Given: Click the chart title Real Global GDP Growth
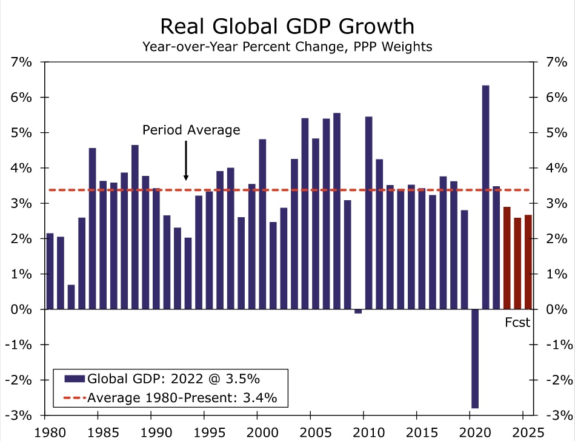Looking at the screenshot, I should tap(287, 27).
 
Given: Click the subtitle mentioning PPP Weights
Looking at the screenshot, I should tap(287, 47).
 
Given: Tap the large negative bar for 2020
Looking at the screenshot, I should tap(475, 359).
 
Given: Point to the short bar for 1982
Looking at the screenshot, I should tap(71, 297).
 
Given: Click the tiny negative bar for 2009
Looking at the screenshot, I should tap(358, 311).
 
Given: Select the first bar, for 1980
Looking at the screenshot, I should tap(50, 271).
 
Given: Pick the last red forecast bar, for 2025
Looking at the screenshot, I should tap(528, 262).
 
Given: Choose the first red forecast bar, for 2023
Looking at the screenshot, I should tap(507, 258).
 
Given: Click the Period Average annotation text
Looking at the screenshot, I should tap(191, 130).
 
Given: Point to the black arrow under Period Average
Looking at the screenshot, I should tap(186, 160).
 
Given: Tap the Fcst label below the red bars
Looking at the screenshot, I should tap(517, 323).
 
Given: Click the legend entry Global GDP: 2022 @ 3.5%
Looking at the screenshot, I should tap(173, 379).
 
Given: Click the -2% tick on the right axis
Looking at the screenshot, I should tap(555, 380).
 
